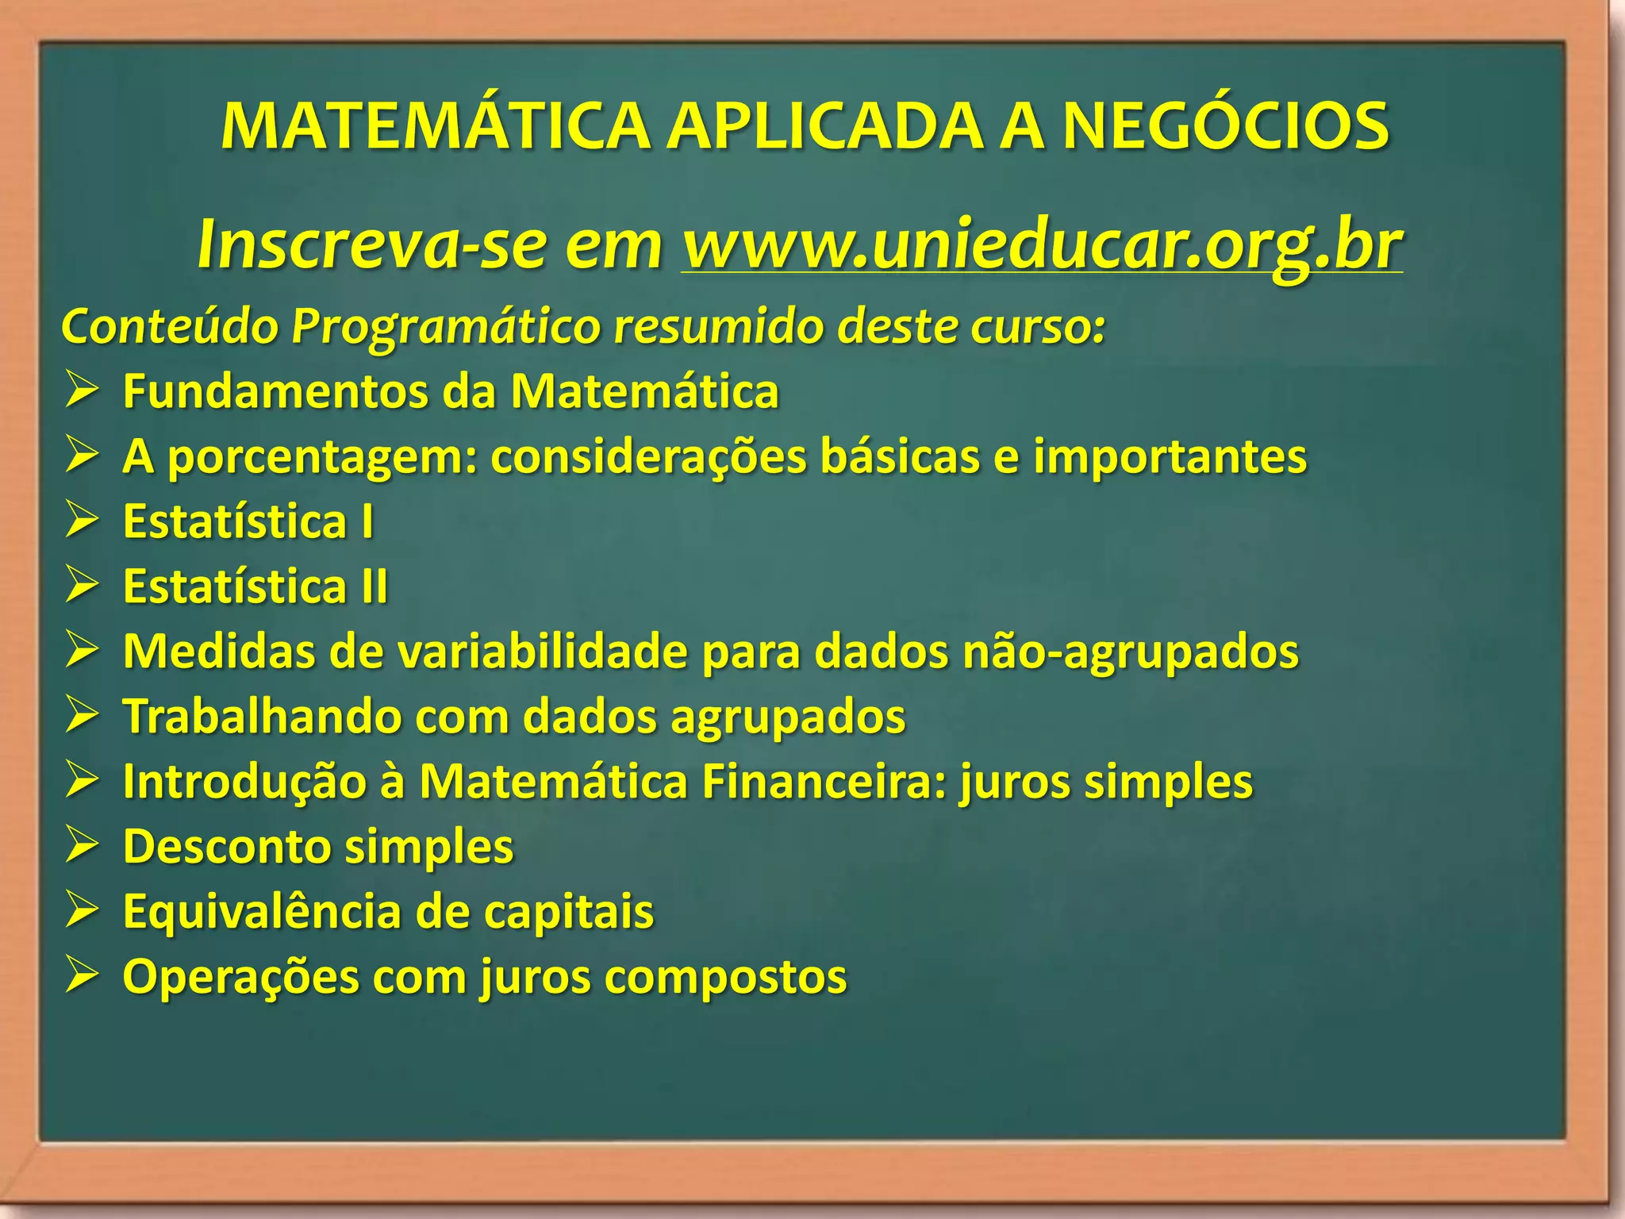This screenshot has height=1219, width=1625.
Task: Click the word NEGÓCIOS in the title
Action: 1225,127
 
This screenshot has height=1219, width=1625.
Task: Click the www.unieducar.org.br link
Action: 1041,244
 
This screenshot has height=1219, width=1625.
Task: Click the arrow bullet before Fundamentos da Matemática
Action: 82,391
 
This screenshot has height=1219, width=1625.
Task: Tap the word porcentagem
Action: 323,458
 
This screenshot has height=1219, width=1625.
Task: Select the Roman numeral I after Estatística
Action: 367,521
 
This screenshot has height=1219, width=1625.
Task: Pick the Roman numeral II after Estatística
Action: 374,586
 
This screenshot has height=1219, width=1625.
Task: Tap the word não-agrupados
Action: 1130,652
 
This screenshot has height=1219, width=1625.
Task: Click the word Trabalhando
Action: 262,717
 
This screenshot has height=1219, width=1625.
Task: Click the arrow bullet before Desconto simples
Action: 82,846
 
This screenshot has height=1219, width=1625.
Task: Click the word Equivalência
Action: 262,912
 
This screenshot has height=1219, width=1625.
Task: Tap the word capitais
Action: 568,912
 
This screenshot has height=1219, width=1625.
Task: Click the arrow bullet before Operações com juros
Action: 82,976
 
